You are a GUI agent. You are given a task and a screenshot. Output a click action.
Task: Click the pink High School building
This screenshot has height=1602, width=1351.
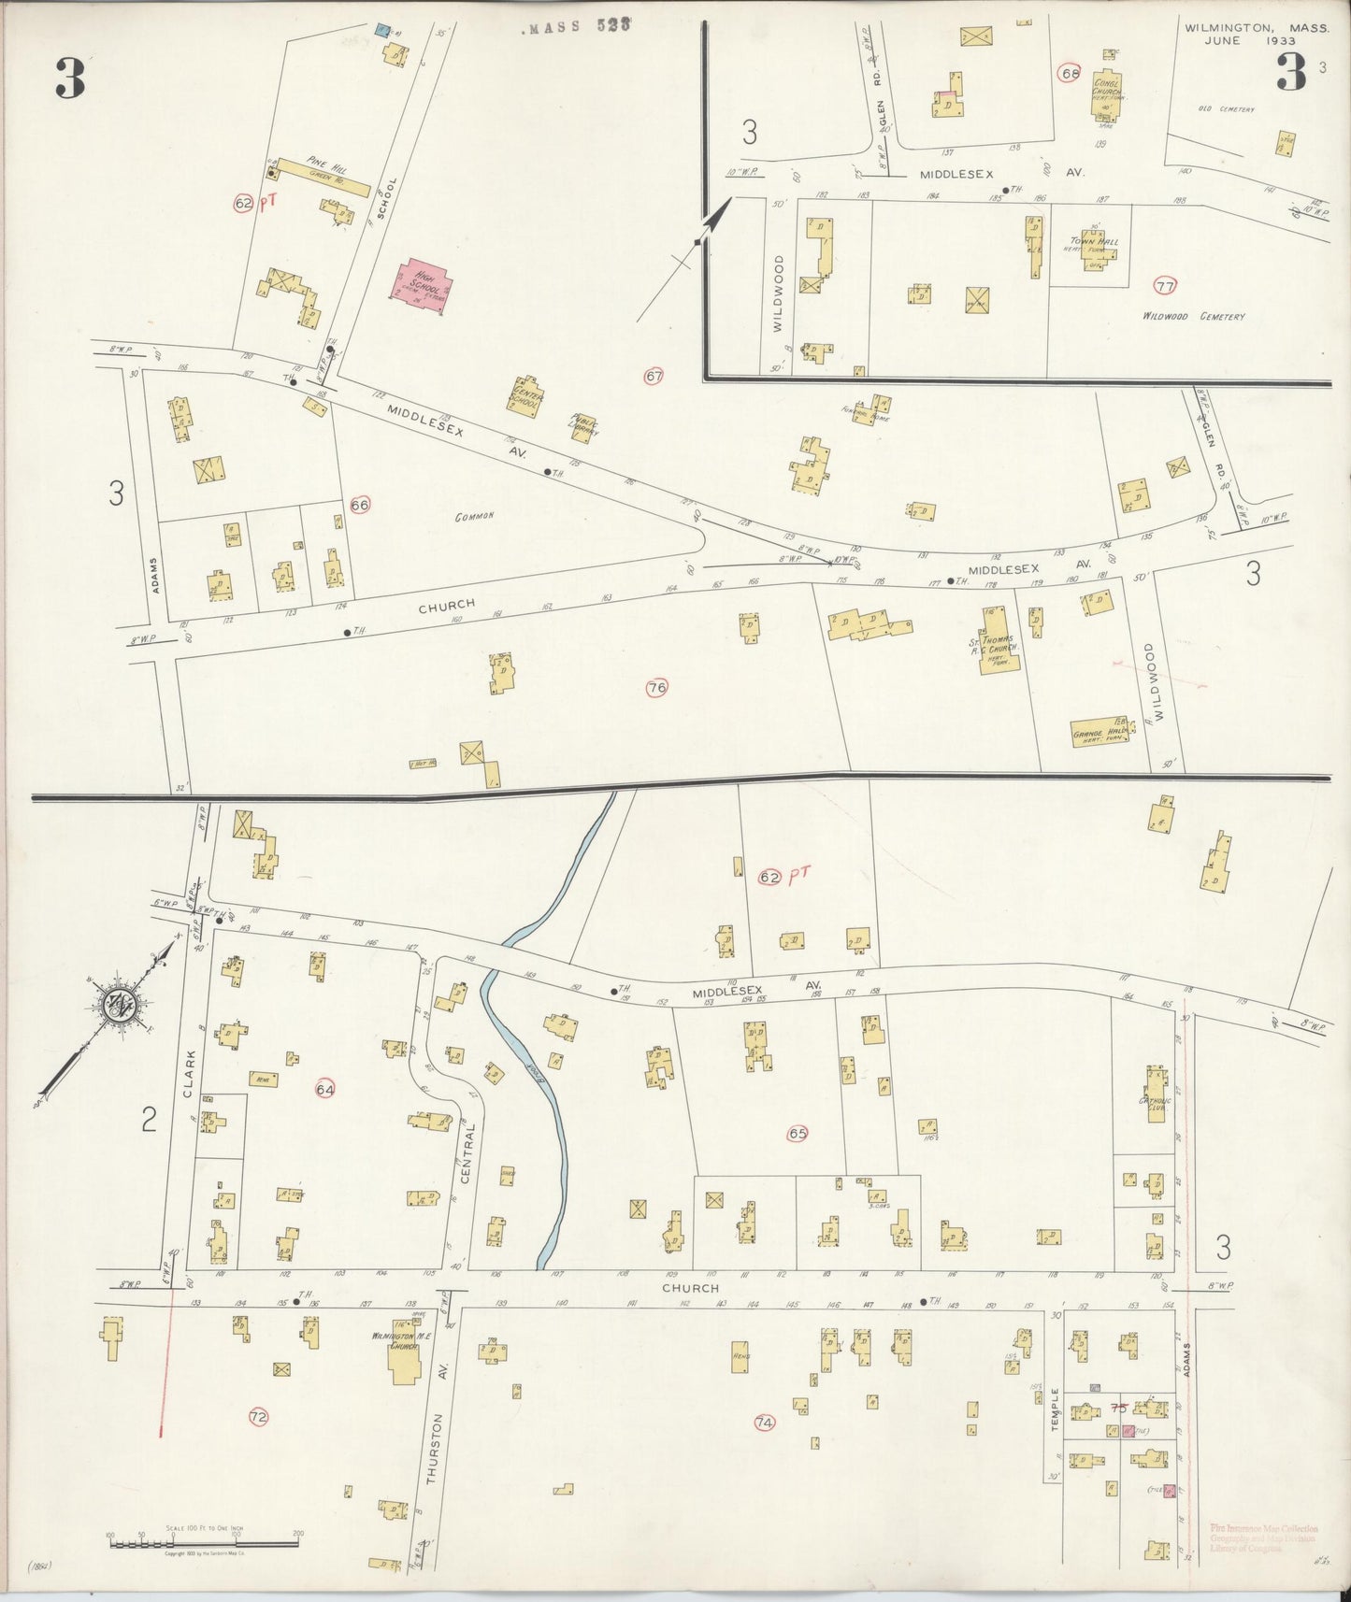420,281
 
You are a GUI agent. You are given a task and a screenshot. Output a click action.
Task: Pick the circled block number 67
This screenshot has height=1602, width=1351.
654,377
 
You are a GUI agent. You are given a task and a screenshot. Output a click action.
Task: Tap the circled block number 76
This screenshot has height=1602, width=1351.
656,689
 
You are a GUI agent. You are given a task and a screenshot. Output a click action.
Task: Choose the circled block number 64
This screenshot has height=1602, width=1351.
325,1089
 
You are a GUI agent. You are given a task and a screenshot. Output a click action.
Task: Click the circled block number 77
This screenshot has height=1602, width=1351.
1164,286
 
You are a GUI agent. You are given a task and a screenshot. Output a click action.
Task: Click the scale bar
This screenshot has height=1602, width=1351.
204,1543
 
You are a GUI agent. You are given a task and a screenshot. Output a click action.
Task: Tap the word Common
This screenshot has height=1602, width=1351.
474,517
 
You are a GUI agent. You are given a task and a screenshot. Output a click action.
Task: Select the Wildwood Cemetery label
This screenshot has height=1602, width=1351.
1194,317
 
